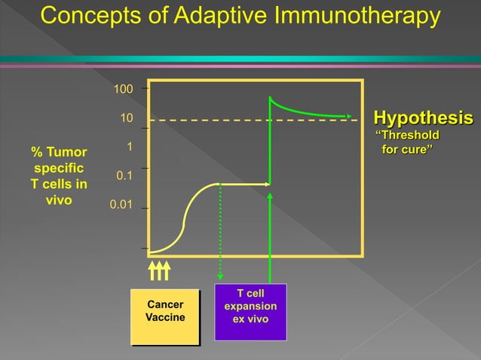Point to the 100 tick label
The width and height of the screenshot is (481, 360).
(123, 90)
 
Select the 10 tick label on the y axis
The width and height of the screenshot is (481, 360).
(127, 119)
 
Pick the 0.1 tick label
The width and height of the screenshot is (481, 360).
(124, 175)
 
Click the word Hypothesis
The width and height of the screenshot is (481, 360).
(424, 119)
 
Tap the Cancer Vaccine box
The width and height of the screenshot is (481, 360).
(164, 311)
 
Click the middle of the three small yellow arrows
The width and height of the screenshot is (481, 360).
(159, 269)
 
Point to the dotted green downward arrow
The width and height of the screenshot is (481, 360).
(219, 233)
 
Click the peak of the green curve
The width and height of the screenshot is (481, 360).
(270, 97)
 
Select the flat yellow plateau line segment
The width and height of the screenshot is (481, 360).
(243, 184)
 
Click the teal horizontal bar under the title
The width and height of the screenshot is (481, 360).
(240, 59)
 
